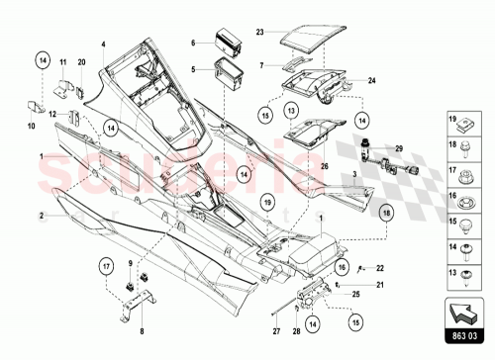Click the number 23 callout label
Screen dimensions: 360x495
(x=259, y=33)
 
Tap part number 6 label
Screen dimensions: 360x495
(x=195, y=44)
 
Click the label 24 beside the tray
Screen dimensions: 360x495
(x=371, y=80)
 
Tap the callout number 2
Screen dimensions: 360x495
(x=42, y=214)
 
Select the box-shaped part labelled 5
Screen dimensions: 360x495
(x=229, y=71)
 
